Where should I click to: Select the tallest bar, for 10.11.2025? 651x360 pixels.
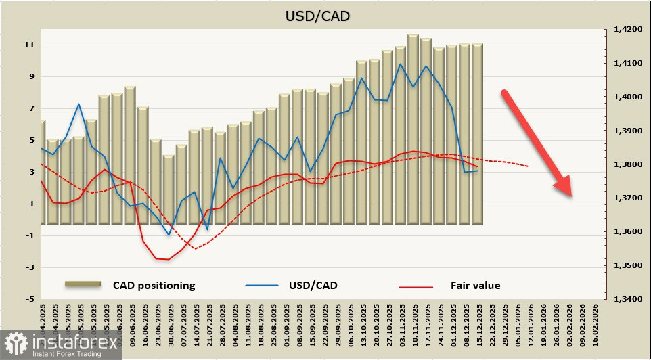(413, 129)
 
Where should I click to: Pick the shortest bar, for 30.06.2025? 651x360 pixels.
(169, 189)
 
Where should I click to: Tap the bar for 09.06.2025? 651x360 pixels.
(130, 156)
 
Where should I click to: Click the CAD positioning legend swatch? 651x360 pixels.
(83, 285)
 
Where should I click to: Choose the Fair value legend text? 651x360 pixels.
(475, 286)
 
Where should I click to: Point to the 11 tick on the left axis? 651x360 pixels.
(30, 45)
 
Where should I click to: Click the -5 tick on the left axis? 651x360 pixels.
(30, 299)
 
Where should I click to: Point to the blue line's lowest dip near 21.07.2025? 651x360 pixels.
(208, 229)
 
